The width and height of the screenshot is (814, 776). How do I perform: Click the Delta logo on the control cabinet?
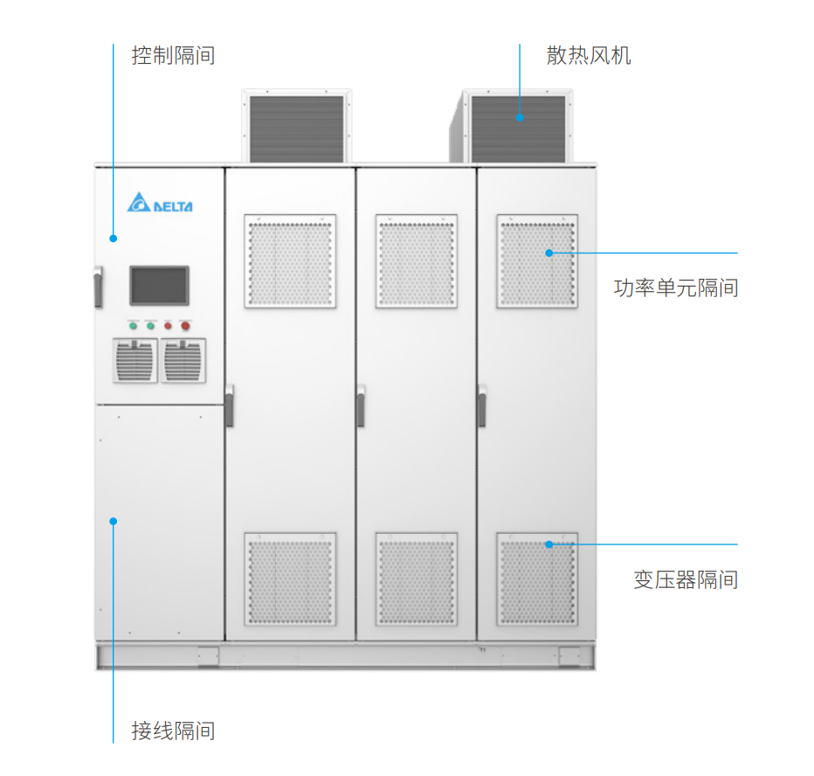coord(160,204)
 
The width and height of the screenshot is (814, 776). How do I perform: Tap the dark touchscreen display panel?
coord(159,285)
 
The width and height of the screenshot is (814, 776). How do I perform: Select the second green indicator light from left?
coord(150,326)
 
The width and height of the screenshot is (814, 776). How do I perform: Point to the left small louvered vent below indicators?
coord(135,360)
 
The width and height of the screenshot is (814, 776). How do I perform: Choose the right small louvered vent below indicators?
coord(183,360)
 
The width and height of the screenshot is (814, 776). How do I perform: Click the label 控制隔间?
coord(173,56)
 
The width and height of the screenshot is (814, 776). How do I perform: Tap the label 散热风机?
coord(589,56)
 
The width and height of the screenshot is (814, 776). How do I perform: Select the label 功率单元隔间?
coord(676,288)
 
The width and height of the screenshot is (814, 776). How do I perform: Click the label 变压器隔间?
coord(686,579)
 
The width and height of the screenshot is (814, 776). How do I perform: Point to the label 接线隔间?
coord(173,731)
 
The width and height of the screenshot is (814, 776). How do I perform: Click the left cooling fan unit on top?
coord(297,128)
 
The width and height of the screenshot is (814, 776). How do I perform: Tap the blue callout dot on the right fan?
coord(520,116)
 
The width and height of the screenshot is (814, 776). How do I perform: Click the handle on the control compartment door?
coord(98,288)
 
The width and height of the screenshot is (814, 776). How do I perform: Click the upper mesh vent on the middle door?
coord(417,261)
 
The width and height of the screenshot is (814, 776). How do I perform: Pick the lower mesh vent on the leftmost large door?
coord(290,579)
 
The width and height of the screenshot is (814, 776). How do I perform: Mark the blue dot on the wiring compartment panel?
coord(113,522)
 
